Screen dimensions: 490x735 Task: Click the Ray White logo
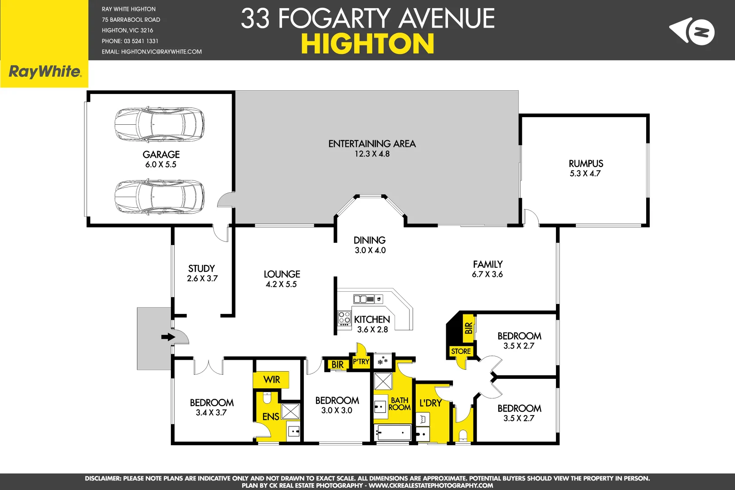44,72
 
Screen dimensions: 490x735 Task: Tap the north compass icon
692,31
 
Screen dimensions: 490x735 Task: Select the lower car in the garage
159,196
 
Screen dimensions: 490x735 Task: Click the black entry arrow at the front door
168,337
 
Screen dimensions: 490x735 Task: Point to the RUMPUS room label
586,163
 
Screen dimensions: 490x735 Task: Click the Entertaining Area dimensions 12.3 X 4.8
372,154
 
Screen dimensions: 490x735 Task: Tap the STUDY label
201,268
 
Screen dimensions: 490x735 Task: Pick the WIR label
272,379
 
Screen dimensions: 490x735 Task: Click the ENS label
271,416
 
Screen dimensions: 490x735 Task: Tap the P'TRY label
361,362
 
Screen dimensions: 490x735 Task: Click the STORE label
461,351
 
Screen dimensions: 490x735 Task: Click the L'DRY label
430,403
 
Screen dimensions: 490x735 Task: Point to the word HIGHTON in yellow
367,44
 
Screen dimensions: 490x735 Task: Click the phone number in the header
130,41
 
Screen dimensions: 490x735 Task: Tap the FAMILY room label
487,264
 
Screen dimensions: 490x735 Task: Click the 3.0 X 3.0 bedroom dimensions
336,410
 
